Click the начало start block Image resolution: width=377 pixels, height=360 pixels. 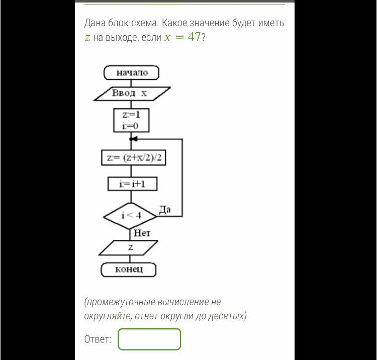pyautogui.click(x=131, y=72)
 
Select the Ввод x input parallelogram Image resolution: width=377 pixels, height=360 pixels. pyautogui.click(x=132, y=94)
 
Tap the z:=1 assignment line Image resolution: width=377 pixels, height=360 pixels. pyautogui.click(x=131, y=115)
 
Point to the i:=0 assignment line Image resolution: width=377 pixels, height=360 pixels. pyautogui.click(x=130, y=126)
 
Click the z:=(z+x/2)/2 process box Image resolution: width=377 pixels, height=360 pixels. pyautogui.click(x=134, y=158)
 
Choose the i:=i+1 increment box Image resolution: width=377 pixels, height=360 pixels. pyautogui.click(x=133, y=184)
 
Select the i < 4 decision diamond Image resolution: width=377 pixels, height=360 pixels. pyautogui.click(x=130, y=216)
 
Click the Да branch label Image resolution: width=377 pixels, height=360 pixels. pyautogui.click(x=165, y=210)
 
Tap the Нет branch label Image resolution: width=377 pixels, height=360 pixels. pyautogui.click(x=142, y=233)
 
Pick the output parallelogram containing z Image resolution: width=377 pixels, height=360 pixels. pyautogui.click(x=128, y=248)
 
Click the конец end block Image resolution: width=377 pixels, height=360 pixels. pyautogui.click(x=129, y=269)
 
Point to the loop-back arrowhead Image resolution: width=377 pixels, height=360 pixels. pyautogui.click(x=133, y=139)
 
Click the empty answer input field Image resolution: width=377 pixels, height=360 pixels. pyautogui.click(x=149, y=339)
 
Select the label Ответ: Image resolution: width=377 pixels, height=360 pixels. pyautogui.click(x=98, y=339)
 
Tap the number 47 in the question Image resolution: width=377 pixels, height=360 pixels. pyautogui.click(x=194, y=37)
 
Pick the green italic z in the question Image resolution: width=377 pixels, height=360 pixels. pyautogui.click(x=87, y=38)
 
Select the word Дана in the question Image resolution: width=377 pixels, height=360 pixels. pyautogui.click(x=95, y=23)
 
